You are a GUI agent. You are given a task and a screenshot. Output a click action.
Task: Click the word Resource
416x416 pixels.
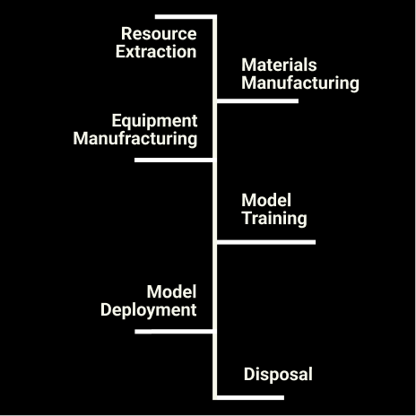click(159, 33)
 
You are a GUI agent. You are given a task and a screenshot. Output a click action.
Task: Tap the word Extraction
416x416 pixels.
click(156, 52)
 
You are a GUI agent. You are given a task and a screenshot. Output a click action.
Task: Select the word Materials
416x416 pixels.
click(279, 65)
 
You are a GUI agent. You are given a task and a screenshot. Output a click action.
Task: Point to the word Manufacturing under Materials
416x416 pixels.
click(300, 83)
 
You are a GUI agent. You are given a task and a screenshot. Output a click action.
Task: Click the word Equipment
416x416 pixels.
click(154, 122)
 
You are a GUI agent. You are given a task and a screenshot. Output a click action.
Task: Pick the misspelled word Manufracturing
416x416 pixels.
click(135, 139)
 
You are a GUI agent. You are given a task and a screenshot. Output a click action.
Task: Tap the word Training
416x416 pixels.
click(274, 219)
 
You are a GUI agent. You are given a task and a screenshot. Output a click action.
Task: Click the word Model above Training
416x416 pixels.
click(266, 200)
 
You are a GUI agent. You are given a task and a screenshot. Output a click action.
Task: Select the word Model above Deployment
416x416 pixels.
click(171, 291)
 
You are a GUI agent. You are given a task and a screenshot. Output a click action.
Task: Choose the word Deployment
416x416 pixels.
click(149, 310)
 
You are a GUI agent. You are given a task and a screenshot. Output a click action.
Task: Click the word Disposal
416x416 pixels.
click(278, 375)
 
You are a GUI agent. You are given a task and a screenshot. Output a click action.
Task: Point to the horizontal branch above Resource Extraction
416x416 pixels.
click(186, 17)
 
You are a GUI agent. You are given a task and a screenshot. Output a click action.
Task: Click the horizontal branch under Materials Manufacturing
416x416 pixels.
click(257, 101)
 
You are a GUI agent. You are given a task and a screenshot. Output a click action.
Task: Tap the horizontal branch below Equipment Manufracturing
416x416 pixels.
click(174, 160)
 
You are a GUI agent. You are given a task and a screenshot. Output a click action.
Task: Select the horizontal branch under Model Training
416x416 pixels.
click(266, 242)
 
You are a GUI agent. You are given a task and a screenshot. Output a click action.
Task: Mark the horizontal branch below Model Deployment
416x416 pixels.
click(174, 332)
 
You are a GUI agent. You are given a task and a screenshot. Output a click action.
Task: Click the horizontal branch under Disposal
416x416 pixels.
click(250, 397)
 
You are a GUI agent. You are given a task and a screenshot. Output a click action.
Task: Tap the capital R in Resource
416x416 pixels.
click(126, 33)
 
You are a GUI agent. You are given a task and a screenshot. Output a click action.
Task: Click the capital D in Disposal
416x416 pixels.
click(249, 374)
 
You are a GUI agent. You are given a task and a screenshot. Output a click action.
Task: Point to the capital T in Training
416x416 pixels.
click(247, 218)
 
